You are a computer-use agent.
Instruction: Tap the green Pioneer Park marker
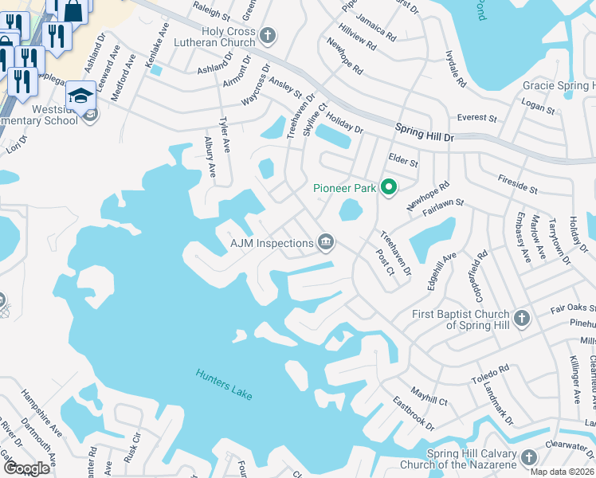[x=389, y=188]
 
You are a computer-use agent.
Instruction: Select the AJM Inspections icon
[x=325, y=241]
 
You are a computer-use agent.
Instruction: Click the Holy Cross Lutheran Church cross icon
[x=268, y=36]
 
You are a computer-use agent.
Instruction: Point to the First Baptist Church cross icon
[x=521, y=319]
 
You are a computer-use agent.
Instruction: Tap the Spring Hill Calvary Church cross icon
[x=527, y=459]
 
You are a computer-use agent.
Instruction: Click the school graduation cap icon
[x=80, y=96]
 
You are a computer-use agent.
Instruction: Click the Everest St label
[x=476, y=118]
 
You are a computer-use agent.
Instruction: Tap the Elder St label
[x=403, y=162]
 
